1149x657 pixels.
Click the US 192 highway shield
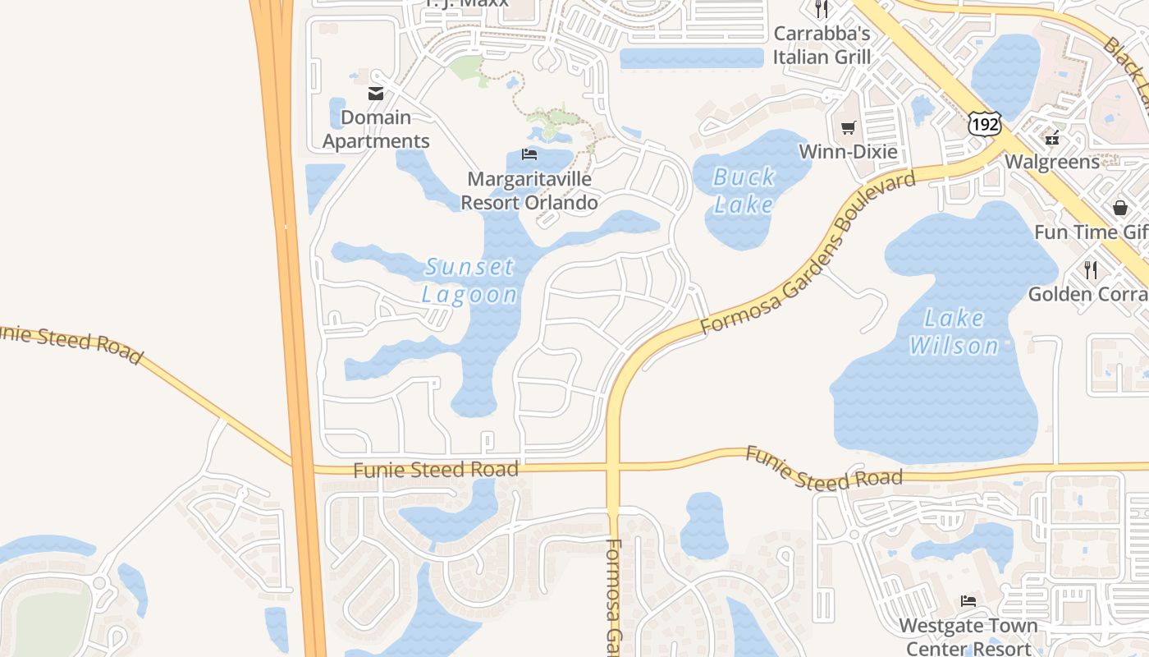pos(983,123)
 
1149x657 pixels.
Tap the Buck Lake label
pos(744,191)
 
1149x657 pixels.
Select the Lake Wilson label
pos(954,332)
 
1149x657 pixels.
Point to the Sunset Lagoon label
pos(469,281)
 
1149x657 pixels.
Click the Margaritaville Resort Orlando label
pos(529,191)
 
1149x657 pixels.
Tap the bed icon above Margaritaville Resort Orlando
pos(529,154)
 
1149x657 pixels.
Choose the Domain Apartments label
pos(376,129)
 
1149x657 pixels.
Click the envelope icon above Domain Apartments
pos(376,94)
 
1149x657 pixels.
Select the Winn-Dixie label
pos(848,152)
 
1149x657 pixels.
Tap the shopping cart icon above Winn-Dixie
pos(848,128)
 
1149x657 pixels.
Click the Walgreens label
pos(1052,161)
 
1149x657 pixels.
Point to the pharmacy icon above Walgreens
pos(1052,137)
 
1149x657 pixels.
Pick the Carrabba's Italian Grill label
pos(822,45)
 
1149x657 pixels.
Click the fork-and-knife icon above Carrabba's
pos(822,9)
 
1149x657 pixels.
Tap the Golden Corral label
pos(1088,294)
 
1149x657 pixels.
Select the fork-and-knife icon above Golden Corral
pos(1090,269)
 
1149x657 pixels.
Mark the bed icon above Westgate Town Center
pos(968,601)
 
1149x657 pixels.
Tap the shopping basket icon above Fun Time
pos(1120,208)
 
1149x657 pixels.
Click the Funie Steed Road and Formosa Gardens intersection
pos(612,468)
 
